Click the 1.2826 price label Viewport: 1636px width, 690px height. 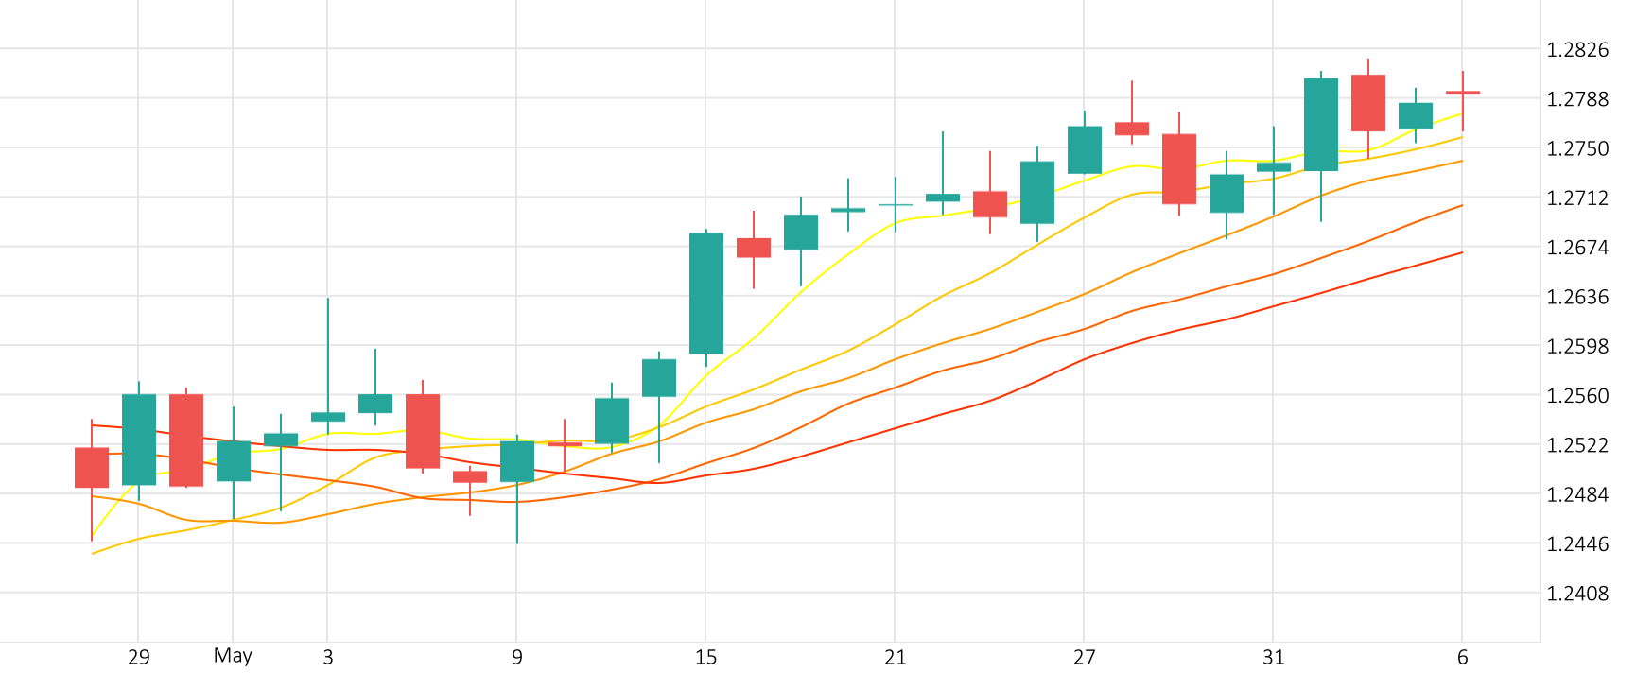1576,50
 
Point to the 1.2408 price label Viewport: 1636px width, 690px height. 1576,594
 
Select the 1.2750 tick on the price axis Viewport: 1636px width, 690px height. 1576,148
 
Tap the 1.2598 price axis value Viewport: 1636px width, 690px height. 1576,346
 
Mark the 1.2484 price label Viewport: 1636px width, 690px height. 1576,494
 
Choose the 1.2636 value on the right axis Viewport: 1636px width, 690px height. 1576,297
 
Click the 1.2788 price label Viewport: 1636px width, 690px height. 1576,99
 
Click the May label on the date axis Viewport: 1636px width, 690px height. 233,656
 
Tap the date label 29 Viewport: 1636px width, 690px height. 139,657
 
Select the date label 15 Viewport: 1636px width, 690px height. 706,657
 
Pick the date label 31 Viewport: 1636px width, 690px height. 1274,657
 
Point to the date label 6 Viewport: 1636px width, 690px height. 1463,657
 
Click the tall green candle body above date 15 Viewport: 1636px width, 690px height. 706,293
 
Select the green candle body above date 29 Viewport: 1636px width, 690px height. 139,440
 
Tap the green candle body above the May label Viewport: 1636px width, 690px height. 234,461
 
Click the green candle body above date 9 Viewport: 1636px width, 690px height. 517,461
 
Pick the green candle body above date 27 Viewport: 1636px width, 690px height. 1085,150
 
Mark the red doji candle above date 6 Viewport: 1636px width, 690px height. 1463,93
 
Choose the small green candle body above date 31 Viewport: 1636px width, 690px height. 1274,167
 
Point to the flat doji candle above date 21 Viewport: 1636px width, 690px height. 896,204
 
